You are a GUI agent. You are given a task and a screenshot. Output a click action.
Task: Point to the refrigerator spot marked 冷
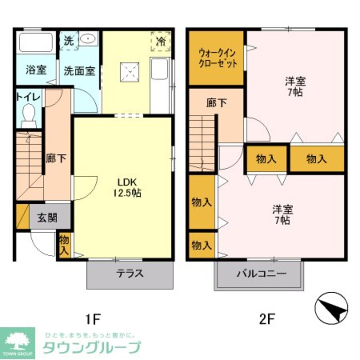point(161,41)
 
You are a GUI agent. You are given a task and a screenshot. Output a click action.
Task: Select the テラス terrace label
point(130,274)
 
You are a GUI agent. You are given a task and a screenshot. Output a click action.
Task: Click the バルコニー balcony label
point(261,274)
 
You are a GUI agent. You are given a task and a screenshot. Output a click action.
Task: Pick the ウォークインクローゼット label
point(218,59)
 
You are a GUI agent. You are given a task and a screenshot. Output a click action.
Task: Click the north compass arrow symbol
point(331,308)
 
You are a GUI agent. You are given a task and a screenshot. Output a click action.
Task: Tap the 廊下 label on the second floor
point(217,103)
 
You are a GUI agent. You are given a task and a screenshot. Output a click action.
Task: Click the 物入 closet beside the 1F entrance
point(64,245)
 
